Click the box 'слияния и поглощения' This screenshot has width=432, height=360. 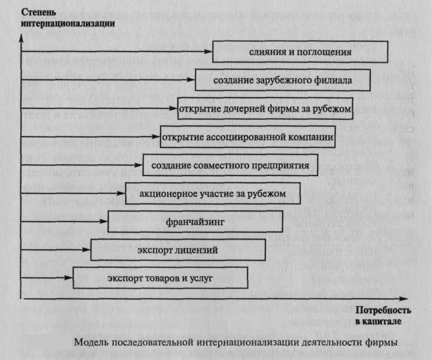point(300,52)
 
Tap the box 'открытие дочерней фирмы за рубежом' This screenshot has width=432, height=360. point(264,108)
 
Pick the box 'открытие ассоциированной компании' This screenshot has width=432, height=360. point(247,137)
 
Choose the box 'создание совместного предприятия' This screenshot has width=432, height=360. point(230,165)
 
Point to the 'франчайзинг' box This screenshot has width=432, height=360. point(195,221)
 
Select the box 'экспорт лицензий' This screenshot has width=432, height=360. point(178,249)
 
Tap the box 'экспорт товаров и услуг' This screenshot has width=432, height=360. point(161,278)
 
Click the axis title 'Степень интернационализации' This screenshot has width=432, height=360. point(60,17)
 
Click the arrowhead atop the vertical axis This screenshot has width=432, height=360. point(22,35)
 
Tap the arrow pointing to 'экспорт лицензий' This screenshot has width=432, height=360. point(56,249)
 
